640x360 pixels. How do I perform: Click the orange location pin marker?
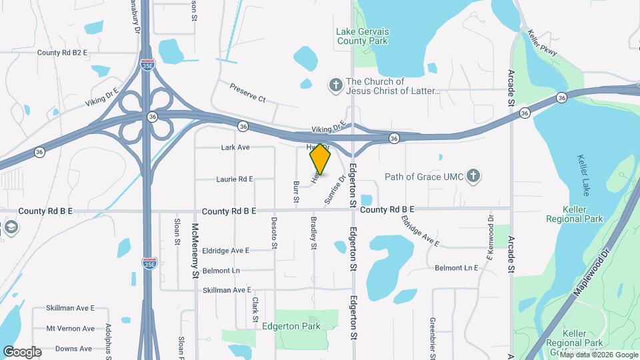(321, 159)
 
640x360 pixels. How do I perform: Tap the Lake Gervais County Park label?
(363, 36)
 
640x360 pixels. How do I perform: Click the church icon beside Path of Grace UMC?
(473, 177)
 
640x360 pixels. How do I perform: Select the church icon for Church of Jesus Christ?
(336, 85)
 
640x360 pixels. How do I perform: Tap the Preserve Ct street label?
(248, 93)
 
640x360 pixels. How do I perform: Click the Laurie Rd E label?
(235, 179)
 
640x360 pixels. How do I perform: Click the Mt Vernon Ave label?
(71, 329)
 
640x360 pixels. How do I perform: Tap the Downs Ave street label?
(73, 349)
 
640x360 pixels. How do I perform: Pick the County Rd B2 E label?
(63, 53)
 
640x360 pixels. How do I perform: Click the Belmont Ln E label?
(457, 268)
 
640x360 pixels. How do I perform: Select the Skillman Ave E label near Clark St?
(227, 290)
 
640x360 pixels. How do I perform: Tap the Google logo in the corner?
(22, 351)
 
